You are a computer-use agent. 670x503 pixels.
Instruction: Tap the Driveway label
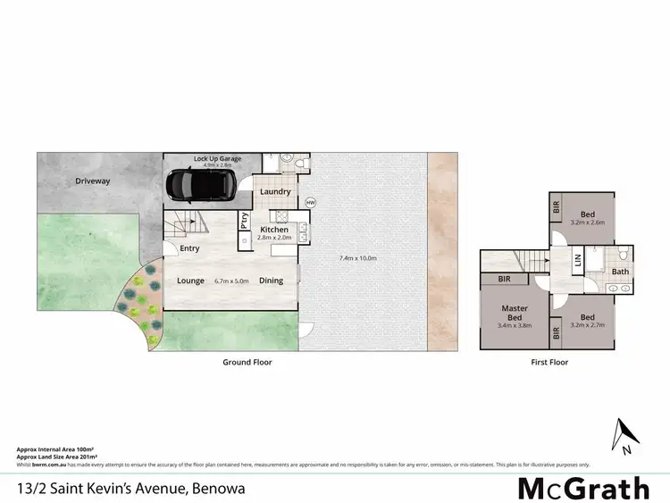pos(92,180)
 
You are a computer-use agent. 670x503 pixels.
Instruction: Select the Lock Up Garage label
pos(217,159)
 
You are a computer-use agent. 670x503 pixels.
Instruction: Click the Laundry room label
pos(275,191)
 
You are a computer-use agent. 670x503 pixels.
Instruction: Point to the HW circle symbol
pos(311,203)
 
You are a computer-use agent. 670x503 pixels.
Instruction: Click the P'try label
pos(245,220)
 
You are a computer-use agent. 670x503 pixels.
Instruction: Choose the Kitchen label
pos(274,230)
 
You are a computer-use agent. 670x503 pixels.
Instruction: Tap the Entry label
pos(189,248)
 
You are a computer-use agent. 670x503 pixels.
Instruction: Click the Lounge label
pos(190,281)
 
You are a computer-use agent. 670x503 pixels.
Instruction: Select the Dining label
pos(271,281)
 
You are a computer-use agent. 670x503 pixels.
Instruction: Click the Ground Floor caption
pos(247,363)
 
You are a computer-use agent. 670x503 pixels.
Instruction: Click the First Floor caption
pos(549,363)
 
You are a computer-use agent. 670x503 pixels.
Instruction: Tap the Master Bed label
pos(514,313)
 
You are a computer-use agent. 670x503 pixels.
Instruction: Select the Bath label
pos(620,272)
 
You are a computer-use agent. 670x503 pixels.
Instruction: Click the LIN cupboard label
pos(578,261)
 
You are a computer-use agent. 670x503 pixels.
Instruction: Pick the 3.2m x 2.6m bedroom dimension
pos(587,222)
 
